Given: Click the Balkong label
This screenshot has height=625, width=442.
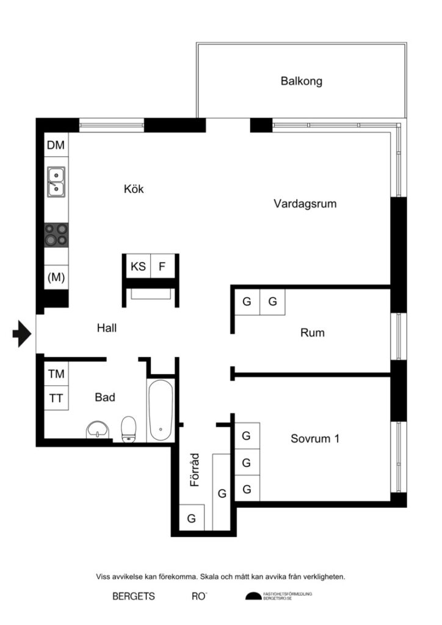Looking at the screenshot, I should click(301, 81).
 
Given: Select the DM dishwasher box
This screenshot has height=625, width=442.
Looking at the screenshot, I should click(56, 145).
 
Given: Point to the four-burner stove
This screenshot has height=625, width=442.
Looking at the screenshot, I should click(56, 234).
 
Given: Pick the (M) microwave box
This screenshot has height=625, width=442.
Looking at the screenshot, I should click(56, 277).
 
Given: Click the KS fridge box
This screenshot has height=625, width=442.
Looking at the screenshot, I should click(138, 266).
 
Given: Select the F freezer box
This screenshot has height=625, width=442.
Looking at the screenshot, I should click(162, 266).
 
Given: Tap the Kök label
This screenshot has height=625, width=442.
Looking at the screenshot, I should click(134, 189).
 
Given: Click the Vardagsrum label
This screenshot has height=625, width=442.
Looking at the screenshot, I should click(305, 204).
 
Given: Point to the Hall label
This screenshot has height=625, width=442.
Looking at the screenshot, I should click(106, 328).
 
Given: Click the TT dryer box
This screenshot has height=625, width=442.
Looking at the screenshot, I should click(56, 398).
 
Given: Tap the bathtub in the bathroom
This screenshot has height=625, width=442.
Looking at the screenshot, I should click(160, 410).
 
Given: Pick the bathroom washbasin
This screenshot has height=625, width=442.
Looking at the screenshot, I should click(98, 430).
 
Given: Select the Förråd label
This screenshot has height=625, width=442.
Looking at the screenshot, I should click(195, 469).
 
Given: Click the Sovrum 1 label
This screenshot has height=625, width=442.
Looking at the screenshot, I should click(314, 438).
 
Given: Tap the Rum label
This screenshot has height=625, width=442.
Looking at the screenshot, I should click(312, 333).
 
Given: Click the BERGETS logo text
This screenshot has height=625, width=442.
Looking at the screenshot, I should click(134, 596).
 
